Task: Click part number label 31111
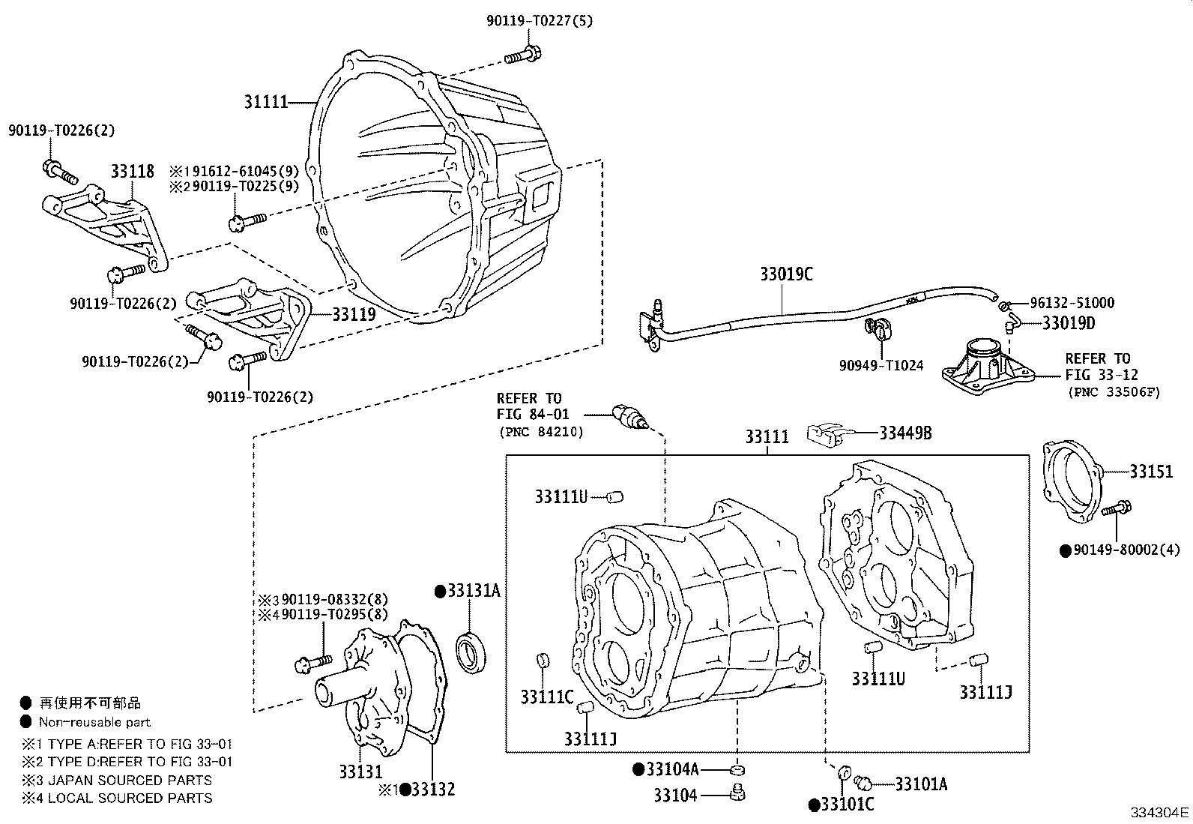pyautogui.click(x=266, y=101)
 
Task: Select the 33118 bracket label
pyautogui.click(x=133, y=172)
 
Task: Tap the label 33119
pyautogui.click(x=354, y=313)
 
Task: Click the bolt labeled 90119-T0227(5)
pyautogui.click(x=522, y=54)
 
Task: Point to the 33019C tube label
pyautogui.click(x=786, y=274)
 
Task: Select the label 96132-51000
pyautogui.click(x=1072, y=303)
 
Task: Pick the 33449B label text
pyautogui.click(x=905, y=433)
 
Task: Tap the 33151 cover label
pyautogui.click(x=1151, y=472)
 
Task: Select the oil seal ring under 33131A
pyautogui.click(x=474, y=651)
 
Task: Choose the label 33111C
pyautogui.click(x=547, y=697)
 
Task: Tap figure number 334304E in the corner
pyautogui.click(x=1159, y=812)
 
